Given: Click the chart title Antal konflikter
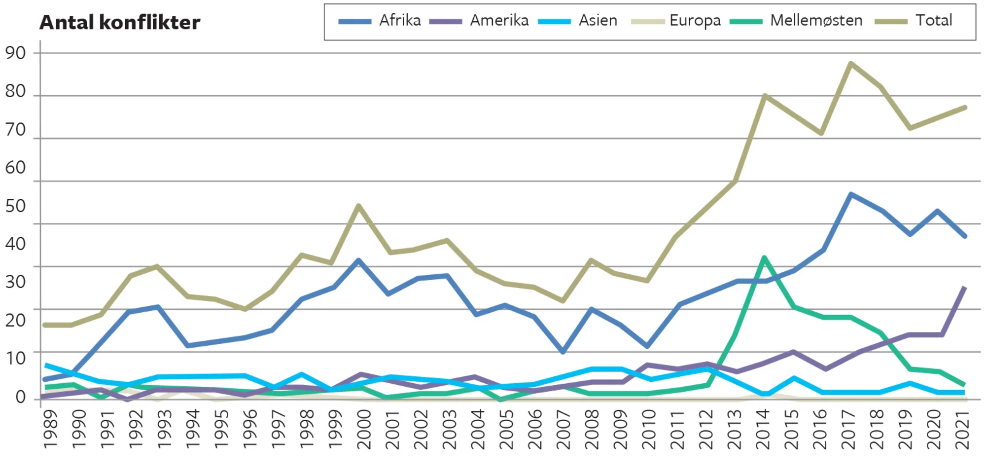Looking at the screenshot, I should click(x=120, y=22).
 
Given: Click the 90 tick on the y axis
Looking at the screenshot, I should click(x=15, y=53).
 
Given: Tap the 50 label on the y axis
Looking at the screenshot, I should click(x=15, y=206).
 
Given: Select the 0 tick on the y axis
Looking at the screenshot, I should click(x=20, y=397).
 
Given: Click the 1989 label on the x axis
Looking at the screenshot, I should click(x=50, y=429).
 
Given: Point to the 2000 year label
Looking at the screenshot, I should click(x=364, y=429).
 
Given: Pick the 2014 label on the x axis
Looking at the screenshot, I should click(x=763, y=429).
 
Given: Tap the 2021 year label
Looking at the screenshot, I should click(x=962, y=429).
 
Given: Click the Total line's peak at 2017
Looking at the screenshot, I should click(x=850, y=63).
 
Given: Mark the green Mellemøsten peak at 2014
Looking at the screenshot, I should click(x=764, y=257).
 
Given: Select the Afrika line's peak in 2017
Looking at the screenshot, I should click(x=850, y=194).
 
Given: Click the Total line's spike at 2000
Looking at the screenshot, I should click(x=359, y=206).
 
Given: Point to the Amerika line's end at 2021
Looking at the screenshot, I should click(x=964, y=288).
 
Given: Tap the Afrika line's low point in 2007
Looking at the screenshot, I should click(x=563, y=352).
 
